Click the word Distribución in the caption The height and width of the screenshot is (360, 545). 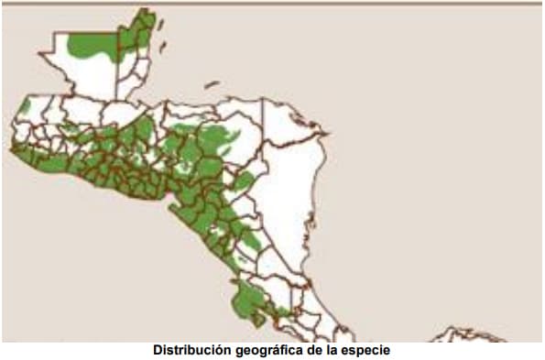click(188, 350)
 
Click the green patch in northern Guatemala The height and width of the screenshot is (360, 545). click(92, 45)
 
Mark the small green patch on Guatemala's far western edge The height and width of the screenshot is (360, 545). click(25, 107)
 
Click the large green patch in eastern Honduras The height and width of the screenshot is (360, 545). click(216, 140)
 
